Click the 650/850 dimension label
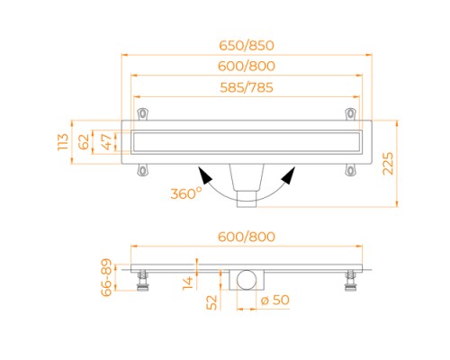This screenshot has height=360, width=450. tap(247, 45)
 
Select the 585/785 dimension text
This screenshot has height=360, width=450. tap(247, 87)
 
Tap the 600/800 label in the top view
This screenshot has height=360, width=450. tap(247, 67)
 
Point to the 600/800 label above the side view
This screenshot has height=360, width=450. tap(247, 237)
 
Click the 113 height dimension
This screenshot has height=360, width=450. tap(63, 142)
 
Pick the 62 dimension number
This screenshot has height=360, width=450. tap(84, 142)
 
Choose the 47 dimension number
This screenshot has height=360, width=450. tap(106, 142)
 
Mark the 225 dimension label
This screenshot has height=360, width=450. tap(388, 164)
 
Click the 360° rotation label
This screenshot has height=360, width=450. tap(185, 193)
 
